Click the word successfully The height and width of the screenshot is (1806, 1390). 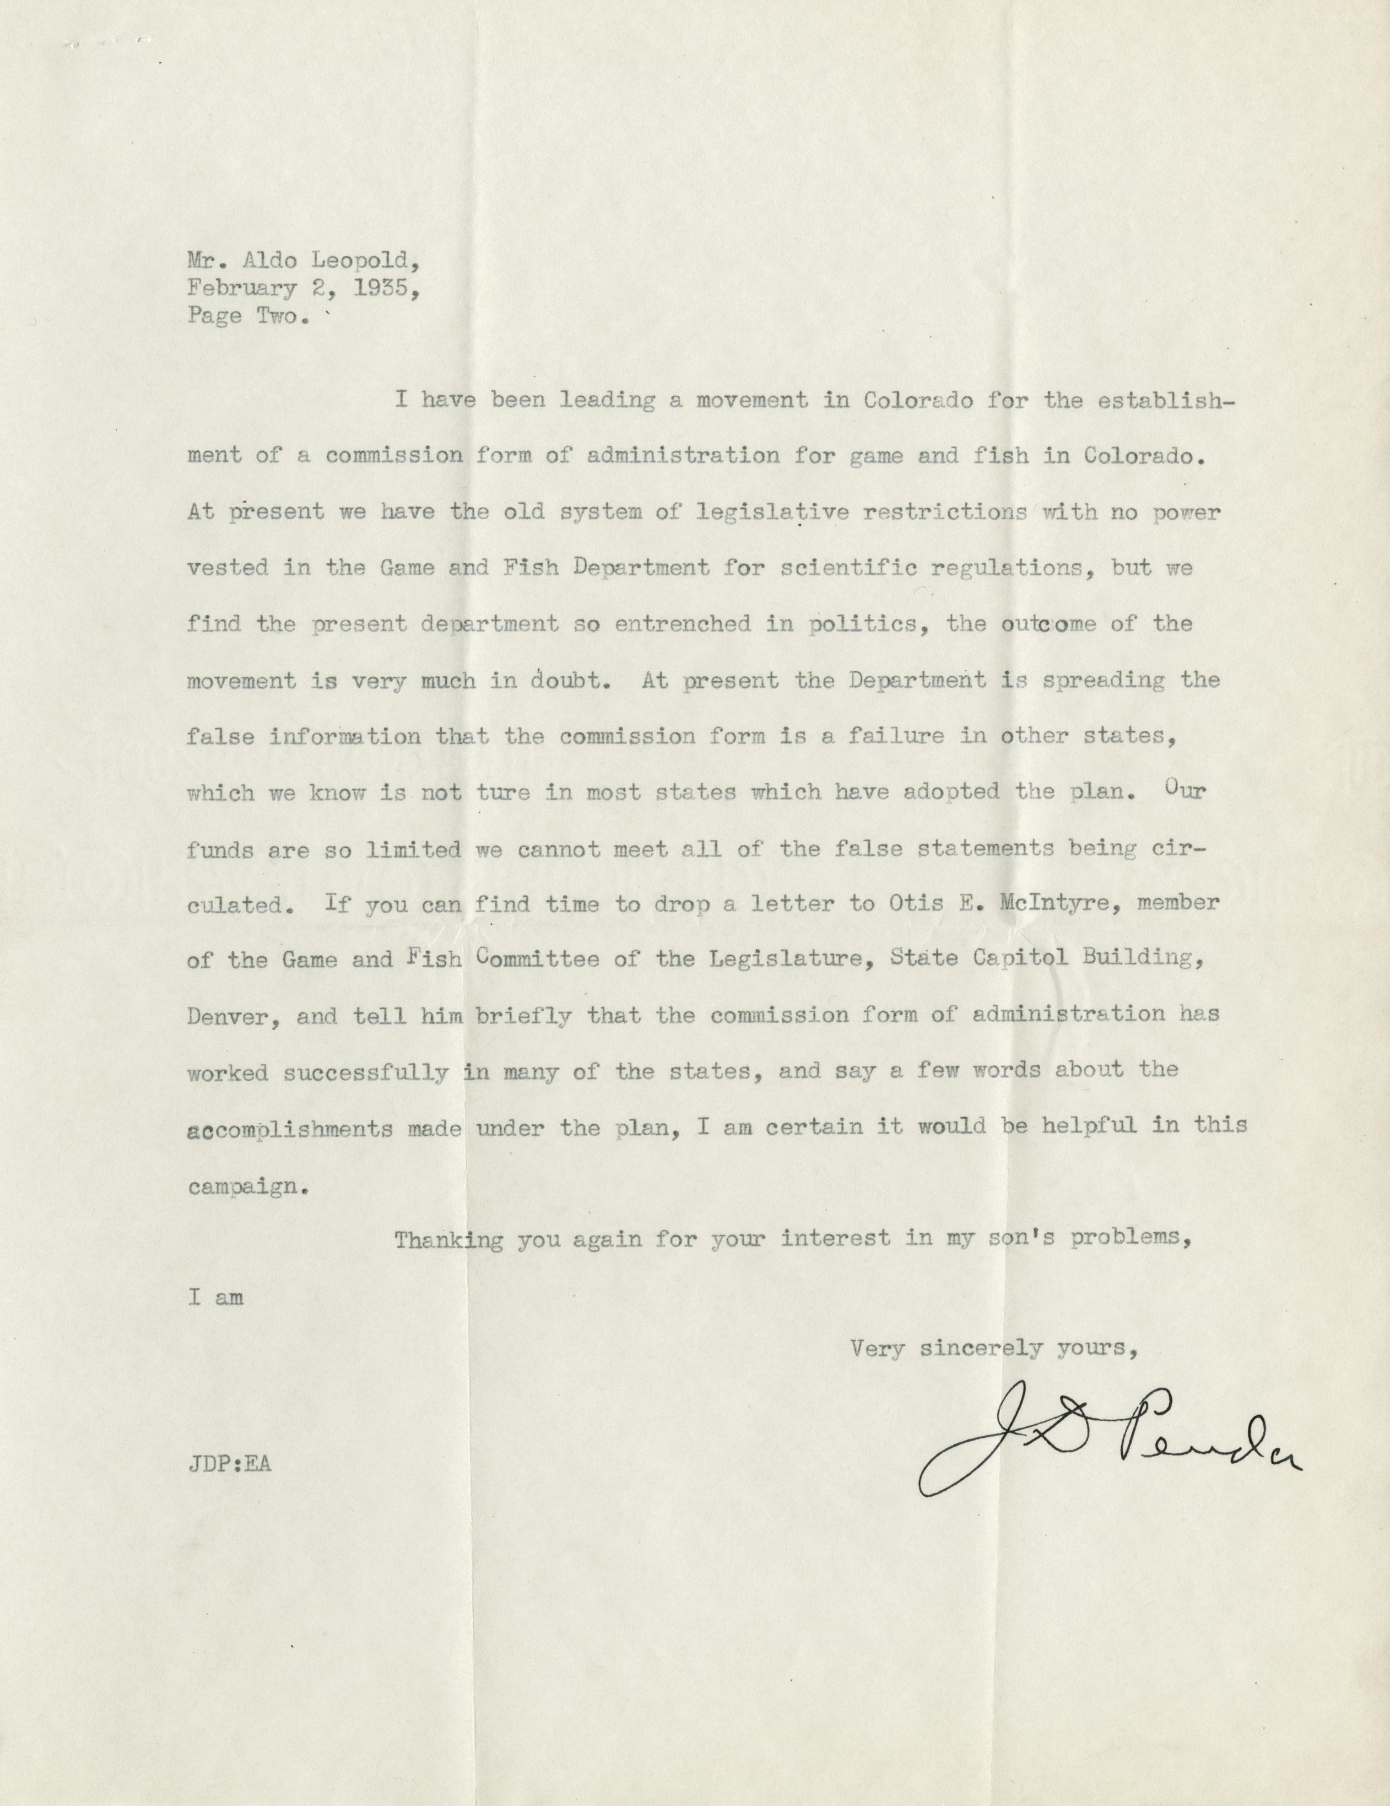click(366, 1072)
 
